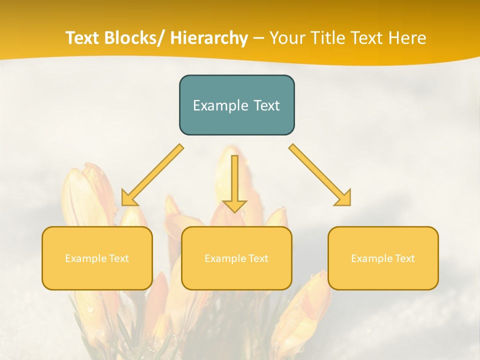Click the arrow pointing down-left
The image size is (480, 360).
point(152,175)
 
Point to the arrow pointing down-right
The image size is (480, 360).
point(320,175)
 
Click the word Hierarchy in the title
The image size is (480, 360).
point(209,38)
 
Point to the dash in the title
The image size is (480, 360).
point(258,38)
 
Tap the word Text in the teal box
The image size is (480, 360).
point(265,106)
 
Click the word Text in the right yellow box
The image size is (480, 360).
point(404,258)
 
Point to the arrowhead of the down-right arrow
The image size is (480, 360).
point(343,198)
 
